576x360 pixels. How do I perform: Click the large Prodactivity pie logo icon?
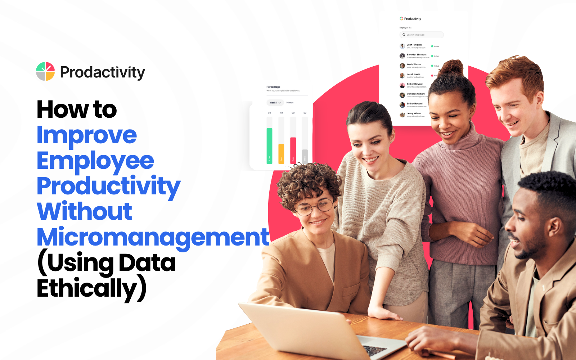click(x=45, y=71)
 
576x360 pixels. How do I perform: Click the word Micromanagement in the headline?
click(x=153, y=237)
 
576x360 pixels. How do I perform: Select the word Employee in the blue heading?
click(x=95, y=161)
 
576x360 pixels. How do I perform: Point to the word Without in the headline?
click(x=85, y=211)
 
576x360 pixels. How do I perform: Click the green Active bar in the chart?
click(x=269, y=146)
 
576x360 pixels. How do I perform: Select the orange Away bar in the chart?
click(x=281, y=154)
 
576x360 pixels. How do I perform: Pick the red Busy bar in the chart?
click(x=293, y=150)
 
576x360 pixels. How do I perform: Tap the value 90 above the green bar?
click(x=269, y=113)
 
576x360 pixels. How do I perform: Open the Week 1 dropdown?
click(x=275, y=103)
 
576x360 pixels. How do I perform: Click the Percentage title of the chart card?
click(x=273, y=87)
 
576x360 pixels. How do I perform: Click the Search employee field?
click(x=422, y=35)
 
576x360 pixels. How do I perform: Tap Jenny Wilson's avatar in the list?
click(x=402, y=115)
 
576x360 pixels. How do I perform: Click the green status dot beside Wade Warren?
click(x=432, y=66)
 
